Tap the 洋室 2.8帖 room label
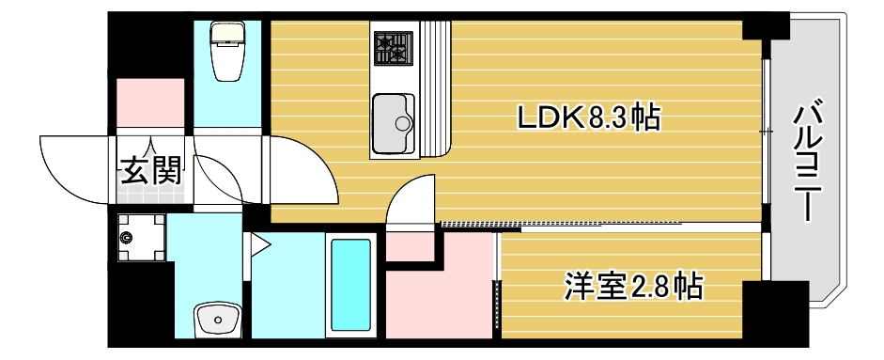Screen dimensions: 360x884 point(633,286)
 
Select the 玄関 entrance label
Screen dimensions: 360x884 point(150,170)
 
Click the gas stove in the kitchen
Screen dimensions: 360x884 point(394,48)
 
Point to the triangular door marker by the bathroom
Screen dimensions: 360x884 point(259,246)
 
